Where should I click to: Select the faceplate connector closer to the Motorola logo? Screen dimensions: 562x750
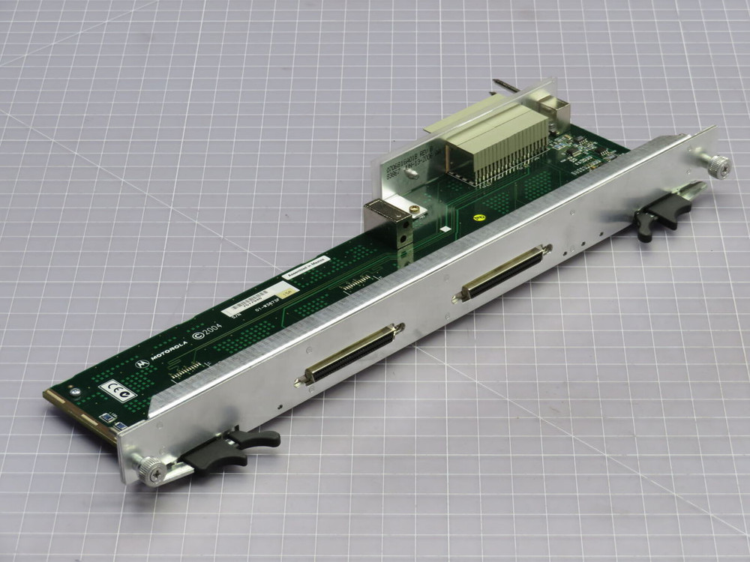tap(348, 357)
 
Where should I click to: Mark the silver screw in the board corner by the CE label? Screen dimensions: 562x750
tap(75, 390)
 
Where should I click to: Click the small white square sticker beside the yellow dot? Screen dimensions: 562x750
tap(445, 227)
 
